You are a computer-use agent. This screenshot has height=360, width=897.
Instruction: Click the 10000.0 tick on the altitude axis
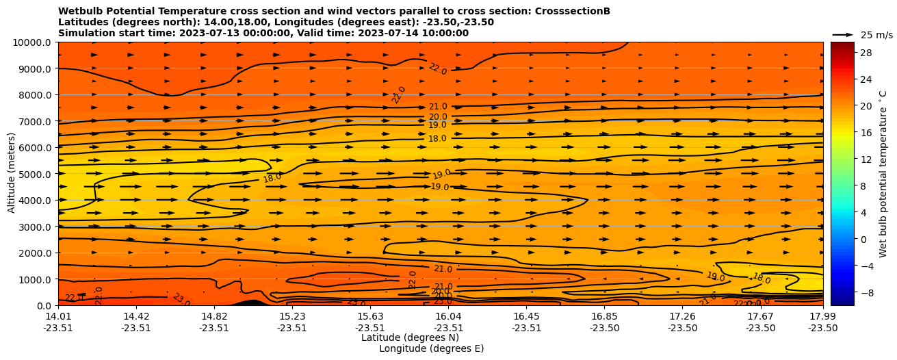point(33,42)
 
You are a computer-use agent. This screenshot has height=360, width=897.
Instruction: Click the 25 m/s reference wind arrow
point(842,35)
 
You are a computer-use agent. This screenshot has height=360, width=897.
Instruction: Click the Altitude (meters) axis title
point(12,174)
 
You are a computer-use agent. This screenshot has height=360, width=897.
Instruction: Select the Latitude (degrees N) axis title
point(410,337)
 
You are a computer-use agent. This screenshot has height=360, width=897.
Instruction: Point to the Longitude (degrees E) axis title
point(431,348)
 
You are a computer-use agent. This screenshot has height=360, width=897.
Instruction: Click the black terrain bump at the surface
point(251,303)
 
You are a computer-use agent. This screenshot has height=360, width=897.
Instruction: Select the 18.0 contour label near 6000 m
point(437,139)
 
